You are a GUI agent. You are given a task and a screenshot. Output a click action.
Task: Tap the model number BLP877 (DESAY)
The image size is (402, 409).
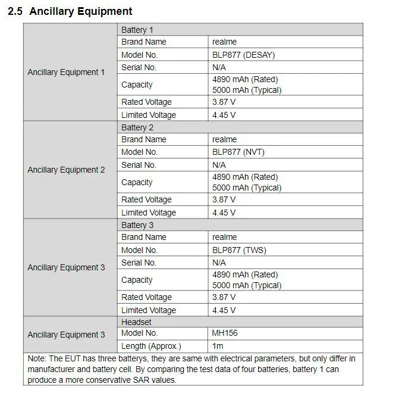point(243,55)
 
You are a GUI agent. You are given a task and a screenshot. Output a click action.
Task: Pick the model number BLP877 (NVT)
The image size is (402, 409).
point(238,152)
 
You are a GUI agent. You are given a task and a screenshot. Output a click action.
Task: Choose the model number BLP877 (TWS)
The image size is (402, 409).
point(238,250)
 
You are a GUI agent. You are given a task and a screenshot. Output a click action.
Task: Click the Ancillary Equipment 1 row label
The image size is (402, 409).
point(66,72)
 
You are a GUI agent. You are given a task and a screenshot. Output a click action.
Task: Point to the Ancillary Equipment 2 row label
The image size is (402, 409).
point(66,170)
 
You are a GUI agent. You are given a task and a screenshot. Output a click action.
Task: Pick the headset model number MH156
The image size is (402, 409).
point(225,333)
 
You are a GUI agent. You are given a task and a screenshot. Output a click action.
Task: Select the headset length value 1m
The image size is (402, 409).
point(218,346)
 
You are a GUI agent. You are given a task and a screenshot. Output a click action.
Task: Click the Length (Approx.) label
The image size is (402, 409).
point(151,346)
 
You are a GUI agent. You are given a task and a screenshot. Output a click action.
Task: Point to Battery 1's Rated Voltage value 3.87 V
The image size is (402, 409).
point(224,102)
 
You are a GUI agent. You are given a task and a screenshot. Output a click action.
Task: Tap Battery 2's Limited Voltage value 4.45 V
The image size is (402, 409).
point(224,213)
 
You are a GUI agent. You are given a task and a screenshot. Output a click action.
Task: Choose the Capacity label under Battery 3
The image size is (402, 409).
point(137,280)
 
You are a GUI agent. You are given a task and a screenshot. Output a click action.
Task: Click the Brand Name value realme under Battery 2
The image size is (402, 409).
point(224,139)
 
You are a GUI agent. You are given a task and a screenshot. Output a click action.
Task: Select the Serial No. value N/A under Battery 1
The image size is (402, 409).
point(219,67)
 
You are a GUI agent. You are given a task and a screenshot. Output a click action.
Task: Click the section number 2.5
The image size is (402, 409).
point(15,11)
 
